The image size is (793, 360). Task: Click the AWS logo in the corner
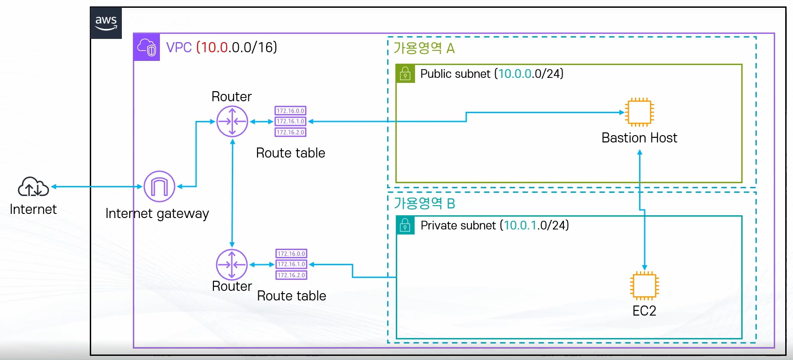pos(106,23)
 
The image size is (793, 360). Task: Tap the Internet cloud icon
pos(33,187)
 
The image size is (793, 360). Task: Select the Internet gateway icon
pos(159,186)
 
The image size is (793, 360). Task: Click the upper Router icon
pos(232,121)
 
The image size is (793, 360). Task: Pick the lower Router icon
pos(232,265)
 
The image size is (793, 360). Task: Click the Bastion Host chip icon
pos(640,112)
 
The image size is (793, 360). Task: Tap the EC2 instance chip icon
pos(645,286)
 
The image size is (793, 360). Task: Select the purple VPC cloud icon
pos(147,47)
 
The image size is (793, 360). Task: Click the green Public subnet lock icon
pos(405,73)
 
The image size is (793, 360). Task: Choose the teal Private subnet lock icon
pos(405,225)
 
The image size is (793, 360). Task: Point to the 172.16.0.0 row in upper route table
pos(290,111)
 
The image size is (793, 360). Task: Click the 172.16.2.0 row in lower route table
pos(291,275)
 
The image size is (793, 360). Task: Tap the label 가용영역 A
pos(424,48)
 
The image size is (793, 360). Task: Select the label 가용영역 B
pos(425,203)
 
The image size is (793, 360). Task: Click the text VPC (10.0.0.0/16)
pos(222,47)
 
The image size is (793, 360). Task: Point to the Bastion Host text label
pos(640,138)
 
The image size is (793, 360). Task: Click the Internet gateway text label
pos(157,214)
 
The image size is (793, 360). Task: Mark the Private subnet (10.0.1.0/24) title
pos(495,225)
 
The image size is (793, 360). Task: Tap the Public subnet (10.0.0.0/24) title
pos(492,74)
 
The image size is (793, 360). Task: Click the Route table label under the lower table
pos(292,296)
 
